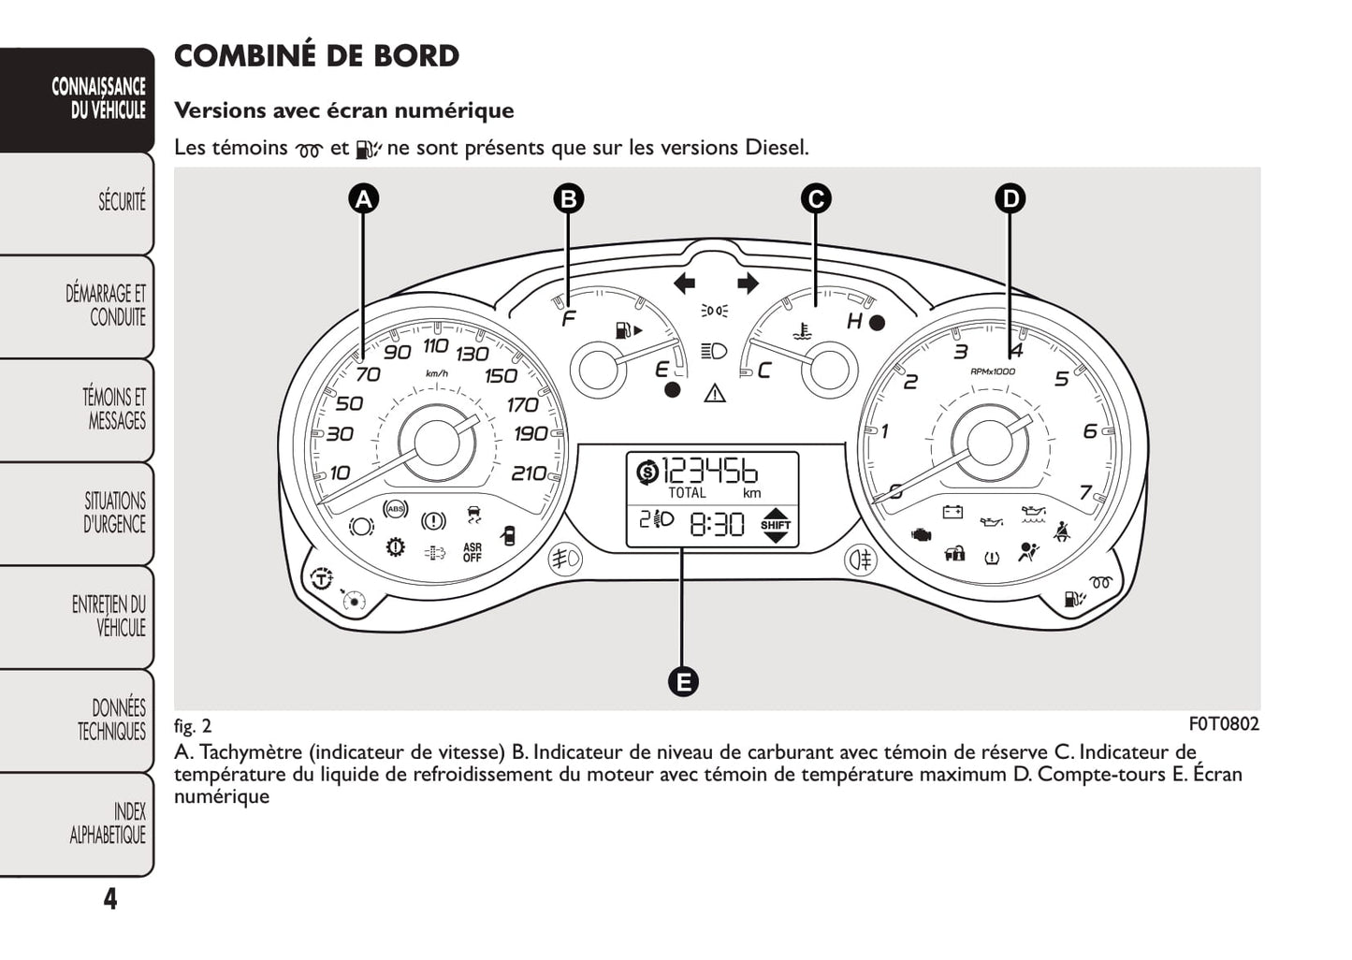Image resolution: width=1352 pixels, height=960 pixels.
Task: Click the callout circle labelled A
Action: pos(364,198)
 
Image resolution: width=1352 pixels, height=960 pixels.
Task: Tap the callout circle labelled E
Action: pos(683,681)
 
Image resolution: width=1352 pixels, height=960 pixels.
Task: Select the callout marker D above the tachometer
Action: pos(1010,198)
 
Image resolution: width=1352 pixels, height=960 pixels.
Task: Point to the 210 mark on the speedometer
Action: pos(529,473)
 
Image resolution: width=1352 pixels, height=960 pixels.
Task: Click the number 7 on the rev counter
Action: pos(1085,492)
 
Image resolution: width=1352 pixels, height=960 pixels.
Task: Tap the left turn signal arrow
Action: pos(684,283)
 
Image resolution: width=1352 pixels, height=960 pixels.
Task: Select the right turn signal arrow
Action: pos(748,283)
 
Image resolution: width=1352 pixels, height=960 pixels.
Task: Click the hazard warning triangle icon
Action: pos(715,392)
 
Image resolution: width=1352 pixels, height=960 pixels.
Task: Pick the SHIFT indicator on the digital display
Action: pos(776,525)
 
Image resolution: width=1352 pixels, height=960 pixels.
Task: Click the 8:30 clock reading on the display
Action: pos(718,524)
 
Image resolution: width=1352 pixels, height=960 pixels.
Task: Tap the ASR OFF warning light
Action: pos(472,553)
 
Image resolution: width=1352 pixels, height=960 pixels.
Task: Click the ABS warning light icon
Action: pos(397,509)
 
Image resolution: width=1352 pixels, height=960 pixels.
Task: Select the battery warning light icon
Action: pos(952,512)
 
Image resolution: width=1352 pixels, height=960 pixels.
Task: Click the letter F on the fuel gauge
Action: pos(568,320)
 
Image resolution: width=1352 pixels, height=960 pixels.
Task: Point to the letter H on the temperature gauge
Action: pos(853,322)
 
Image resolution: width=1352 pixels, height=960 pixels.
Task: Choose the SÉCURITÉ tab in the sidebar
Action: pos(122,202)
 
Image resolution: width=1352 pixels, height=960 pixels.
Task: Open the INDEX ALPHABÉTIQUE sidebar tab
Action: pos(109,823)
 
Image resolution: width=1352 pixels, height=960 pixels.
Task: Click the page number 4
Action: pos(110,899)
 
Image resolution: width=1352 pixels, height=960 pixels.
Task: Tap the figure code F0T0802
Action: pos(1224,724)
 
